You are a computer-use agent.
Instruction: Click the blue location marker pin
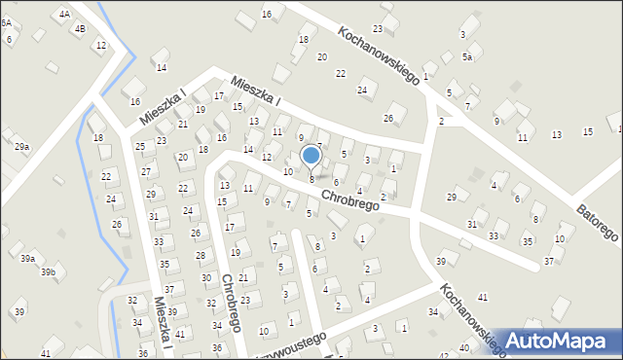[x=311, y=156]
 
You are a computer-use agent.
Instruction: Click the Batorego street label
[x=595, y=224]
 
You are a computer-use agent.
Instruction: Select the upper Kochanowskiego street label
[x=378, y=54]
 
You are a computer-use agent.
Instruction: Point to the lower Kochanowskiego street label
[x=473, y=318]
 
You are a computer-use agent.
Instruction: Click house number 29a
[x=21, y=146]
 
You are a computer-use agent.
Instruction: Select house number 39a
[x=28, y=258]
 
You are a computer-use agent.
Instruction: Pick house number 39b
[x=48, y=272]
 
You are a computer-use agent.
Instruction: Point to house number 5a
[x=467, y=57]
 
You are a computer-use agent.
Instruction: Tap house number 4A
[x=64, y=15]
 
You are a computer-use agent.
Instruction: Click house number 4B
[x=80, y=28]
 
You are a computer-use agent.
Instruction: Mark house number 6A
[x=6, y=22]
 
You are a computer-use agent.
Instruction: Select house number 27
[x=145, y=171]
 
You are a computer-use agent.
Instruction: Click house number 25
[x=140, y=147]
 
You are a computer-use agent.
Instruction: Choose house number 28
[x=200, y=255]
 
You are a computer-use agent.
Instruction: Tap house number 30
[x=205, y=278]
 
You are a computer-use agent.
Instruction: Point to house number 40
[x=465, y=348]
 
